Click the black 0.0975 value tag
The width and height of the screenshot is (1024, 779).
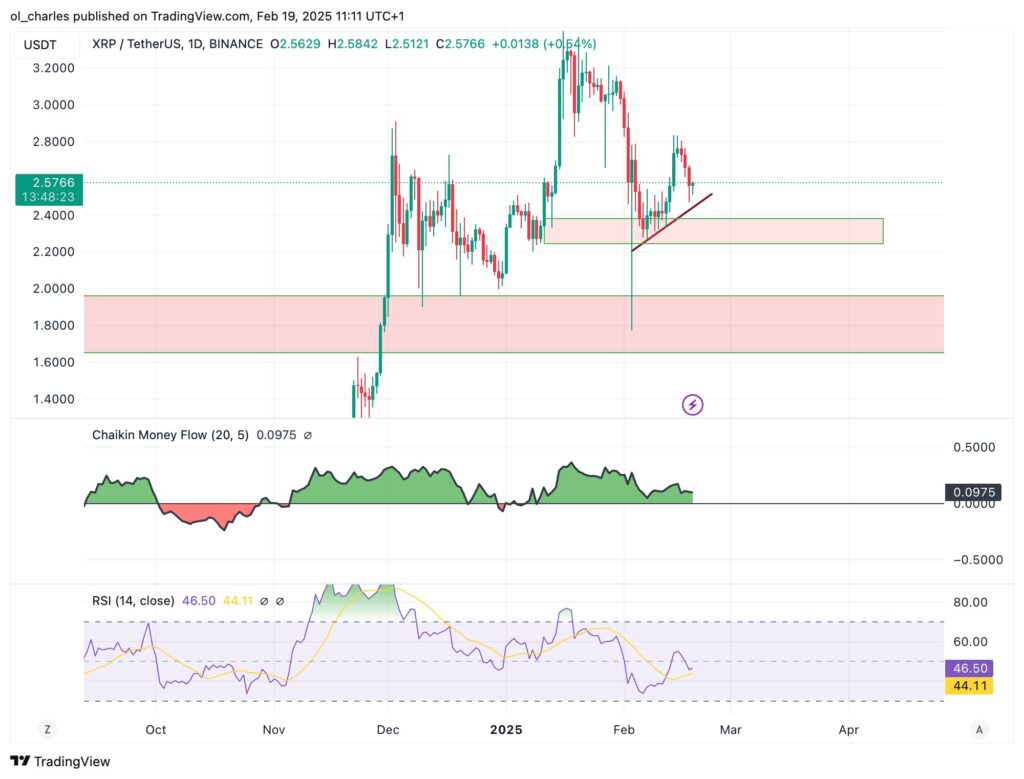point(971,492)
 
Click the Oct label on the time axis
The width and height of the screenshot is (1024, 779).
point(155,730)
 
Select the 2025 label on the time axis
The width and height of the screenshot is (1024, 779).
point(505,730)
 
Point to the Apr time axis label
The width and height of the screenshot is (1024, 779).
point(848,730)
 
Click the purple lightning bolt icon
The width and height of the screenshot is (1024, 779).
point(692,405)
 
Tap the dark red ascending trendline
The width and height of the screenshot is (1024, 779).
point(672,222)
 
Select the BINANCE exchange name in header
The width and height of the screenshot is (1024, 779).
point(237,44)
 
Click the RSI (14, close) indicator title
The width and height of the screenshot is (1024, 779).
point(132,601)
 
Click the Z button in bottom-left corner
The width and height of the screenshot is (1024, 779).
point(47,730)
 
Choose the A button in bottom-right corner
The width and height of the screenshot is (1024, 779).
point(979,730)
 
